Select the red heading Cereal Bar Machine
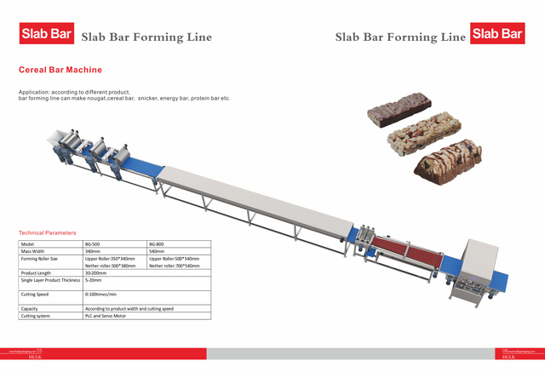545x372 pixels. pos(60,70)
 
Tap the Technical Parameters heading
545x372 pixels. pos(48,232)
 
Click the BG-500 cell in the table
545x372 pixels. pos(95,243)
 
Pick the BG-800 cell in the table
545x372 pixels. pos(158,243)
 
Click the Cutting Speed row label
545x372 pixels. pos(35,294)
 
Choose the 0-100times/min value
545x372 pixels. pos(100,294)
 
